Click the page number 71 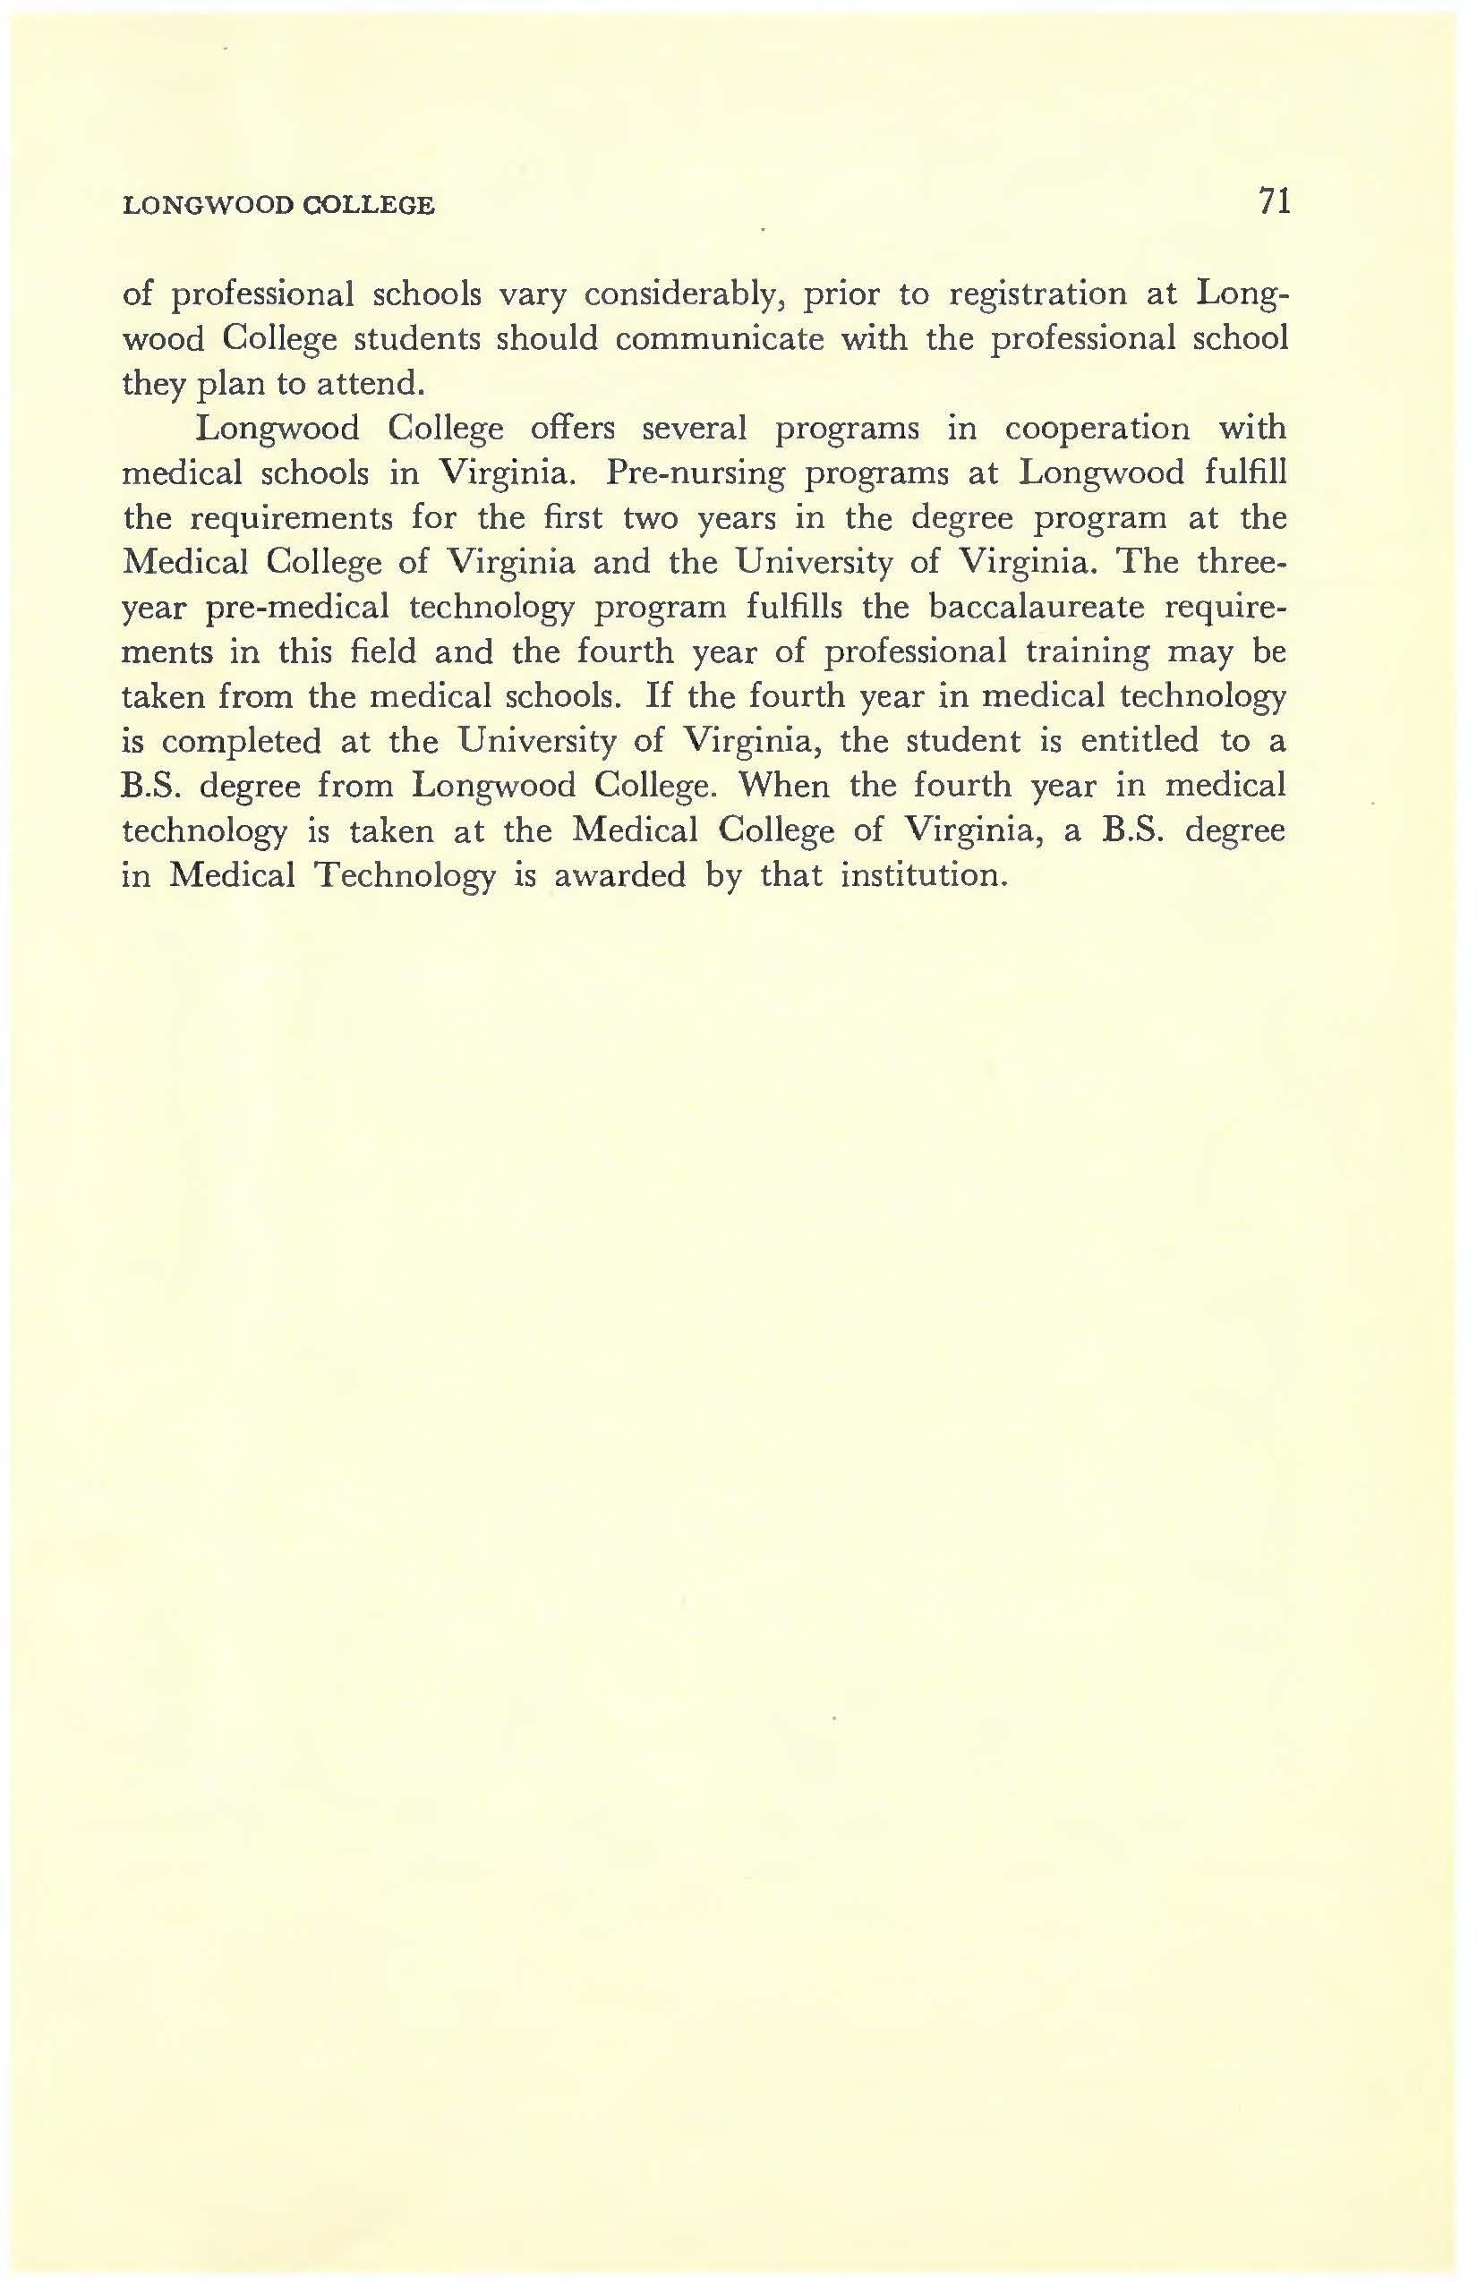coord(1275,201)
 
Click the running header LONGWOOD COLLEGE coord(278,205)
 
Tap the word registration coord(1037,294)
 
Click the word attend coord(369,384)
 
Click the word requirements coord(291,518)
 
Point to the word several coord(694,428)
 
